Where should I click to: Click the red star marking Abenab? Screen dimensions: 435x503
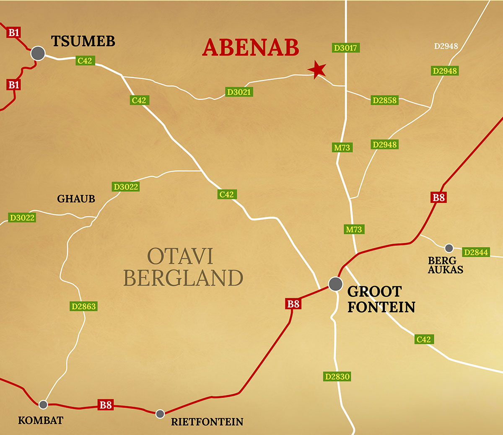[x=316, y=70]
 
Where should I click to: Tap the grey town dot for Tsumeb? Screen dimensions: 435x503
[x=38, y=53]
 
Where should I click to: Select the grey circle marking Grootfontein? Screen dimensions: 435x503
[x=335, y=284]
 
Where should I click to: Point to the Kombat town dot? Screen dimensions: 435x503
[x=43, y=404]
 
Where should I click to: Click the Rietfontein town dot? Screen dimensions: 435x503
[x=160, y=414]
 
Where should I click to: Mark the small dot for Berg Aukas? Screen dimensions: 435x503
[x=449, y=248]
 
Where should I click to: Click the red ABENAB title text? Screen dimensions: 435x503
[x=251, y=47]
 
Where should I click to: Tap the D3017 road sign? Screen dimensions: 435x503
[x=345, y=48]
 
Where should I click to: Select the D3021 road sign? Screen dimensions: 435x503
[x=239, y=92]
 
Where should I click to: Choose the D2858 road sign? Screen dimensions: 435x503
[x=384, y=100]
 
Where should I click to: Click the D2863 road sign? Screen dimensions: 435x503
[x=83, y=306]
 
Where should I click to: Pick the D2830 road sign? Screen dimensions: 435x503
[x=337, y=376]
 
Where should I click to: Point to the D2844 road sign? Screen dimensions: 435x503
[x=476, y=252]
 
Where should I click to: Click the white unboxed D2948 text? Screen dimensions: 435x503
[x=446, y=46]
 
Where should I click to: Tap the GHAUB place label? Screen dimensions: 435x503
[x=76, y=199]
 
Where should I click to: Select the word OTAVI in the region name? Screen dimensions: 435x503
[x=180, y=256]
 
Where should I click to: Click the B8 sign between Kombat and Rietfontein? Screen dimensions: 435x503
[x=105, y=405]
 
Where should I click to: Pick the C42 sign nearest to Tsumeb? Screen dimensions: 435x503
[x=85, y=61]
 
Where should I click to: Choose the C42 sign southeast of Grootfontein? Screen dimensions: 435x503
[x=423, y=339]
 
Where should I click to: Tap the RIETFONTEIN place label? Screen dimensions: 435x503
[x=207, y=422]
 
